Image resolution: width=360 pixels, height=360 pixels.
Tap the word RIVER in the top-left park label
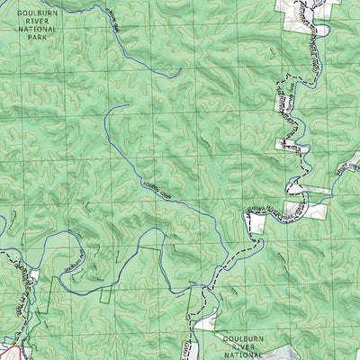pos(36,21)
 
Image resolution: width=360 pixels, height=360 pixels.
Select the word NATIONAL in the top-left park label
pos(36,29)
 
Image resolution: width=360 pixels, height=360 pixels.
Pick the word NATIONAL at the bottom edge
pos(244,352)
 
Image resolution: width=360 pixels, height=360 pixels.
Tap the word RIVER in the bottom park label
pos(244,343)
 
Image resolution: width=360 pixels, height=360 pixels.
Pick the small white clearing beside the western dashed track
pos(33,272)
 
